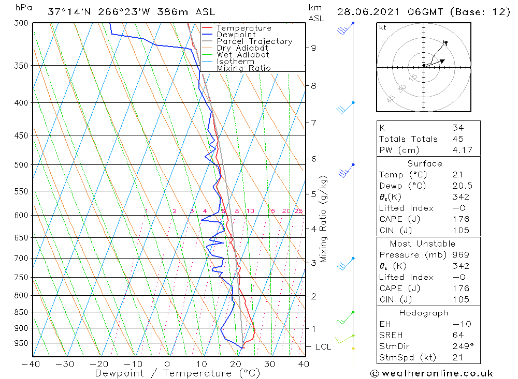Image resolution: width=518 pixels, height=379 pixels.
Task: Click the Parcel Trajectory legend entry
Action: click(254, 41)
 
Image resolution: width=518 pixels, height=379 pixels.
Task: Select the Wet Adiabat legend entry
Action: click(243, 55)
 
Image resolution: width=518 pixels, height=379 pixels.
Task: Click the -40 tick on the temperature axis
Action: click(32, 363)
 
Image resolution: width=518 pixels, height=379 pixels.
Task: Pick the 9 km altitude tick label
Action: click(313, 48)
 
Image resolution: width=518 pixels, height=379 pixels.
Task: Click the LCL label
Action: click(323, 346)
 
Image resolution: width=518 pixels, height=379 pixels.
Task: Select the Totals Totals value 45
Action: click(457, 139)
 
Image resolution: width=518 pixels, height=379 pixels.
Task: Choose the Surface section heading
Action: click(425, 164)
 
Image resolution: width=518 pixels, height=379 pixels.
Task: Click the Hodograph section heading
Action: click(424, 313)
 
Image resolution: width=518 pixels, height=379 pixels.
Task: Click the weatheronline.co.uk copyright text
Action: click(431, 373)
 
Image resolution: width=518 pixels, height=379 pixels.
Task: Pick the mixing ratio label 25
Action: click(298, 211)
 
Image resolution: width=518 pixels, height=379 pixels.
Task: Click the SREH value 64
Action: click(457, 335)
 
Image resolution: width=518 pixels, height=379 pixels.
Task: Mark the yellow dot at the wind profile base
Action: click(353, 348)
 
